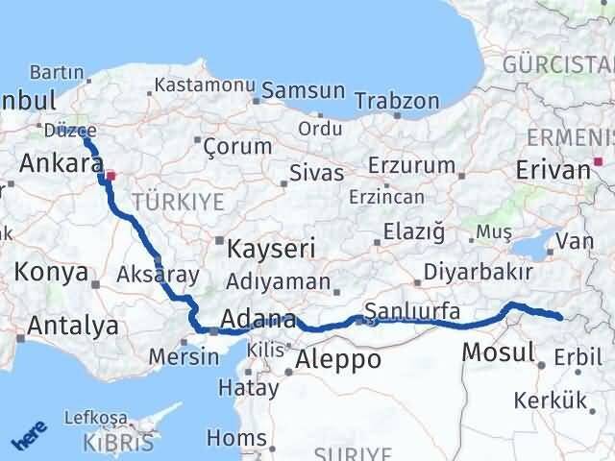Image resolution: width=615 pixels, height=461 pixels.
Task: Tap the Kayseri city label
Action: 270,248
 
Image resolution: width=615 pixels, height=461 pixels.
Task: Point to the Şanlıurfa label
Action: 412,311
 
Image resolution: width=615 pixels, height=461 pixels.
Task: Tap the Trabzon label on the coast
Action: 397,101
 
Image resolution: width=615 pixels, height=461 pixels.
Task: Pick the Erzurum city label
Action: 411,164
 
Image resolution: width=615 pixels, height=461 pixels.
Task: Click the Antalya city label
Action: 72,326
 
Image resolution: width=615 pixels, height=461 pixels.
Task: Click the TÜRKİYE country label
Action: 178,201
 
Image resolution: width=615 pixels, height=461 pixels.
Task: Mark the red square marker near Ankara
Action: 111,176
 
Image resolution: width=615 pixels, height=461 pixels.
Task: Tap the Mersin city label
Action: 184,356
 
